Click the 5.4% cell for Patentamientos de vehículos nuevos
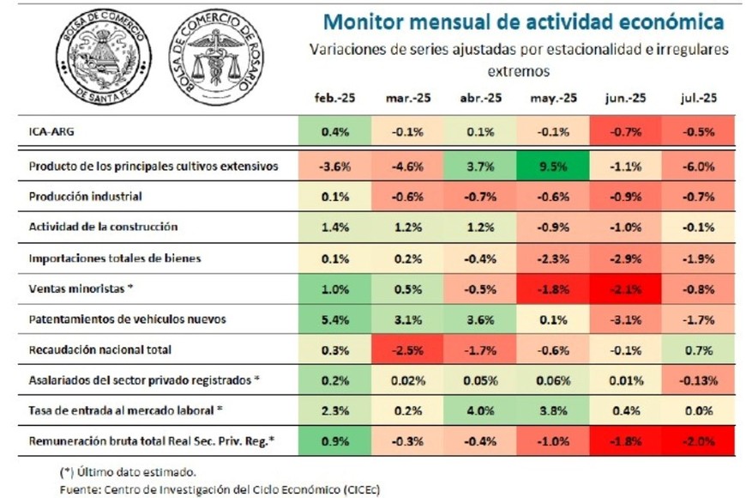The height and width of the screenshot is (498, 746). (x=334, y=319)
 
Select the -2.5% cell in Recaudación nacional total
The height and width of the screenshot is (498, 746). (x=407, y=350)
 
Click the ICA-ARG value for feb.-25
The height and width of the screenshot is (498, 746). (x=334, y=131)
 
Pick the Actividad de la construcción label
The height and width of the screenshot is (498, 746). (x=103, y=227)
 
